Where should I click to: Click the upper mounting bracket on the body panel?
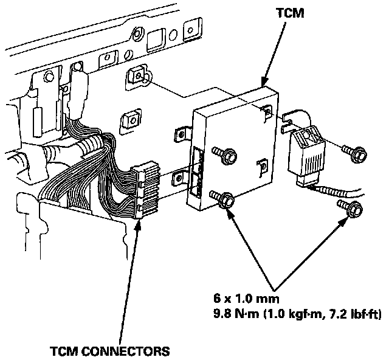click(137, 75)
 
